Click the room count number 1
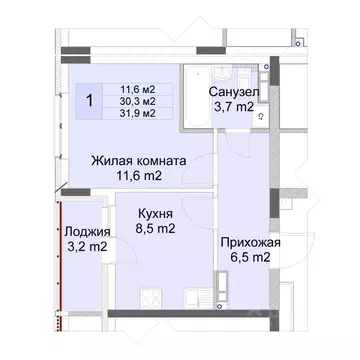pos(90,100)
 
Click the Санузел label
pos(235,92)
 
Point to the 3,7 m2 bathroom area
pos(235,108)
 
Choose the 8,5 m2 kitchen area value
pos(142,230)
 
